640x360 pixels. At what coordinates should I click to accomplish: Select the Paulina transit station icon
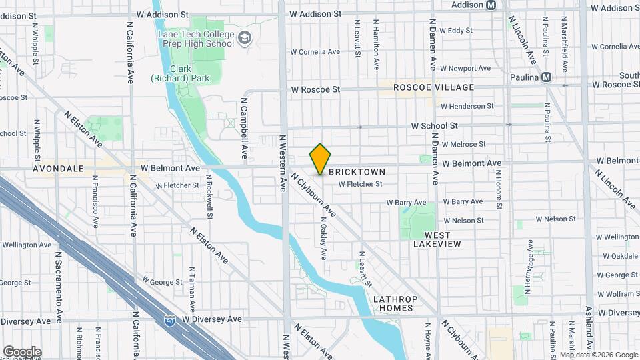[x=547, y=77]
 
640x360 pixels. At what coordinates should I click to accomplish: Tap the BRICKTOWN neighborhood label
[x=357, y=171]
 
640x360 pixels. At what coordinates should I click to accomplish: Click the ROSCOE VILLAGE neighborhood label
[x=433, y=87]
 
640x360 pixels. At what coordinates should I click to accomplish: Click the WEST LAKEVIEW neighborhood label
[x=437, y=240]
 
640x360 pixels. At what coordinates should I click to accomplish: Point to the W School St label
[x=434, y=125]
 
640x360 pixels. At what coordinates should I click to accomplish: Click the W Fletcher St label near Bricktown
[x=360, y=184]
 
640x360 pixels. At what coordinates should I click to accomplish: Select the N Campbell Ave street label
[x=245, y=130]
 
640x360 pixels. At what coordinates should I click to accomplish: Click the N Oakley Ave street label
[x=323, y=238]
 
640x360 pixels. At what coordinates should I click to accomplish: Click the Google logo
[x=22, y=351]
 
